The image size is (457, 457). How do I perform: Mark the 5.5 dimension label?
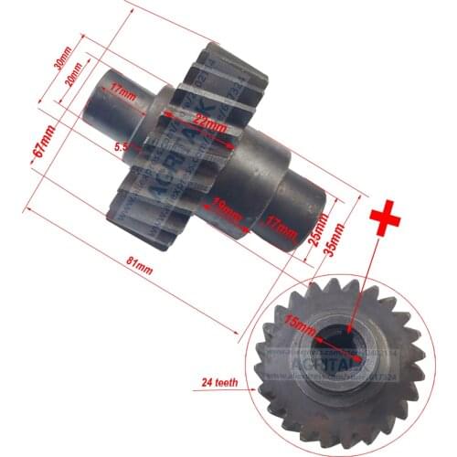tap(121, 145)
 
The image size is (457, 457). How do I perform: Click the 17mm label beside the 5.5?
tap(116, 90)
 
